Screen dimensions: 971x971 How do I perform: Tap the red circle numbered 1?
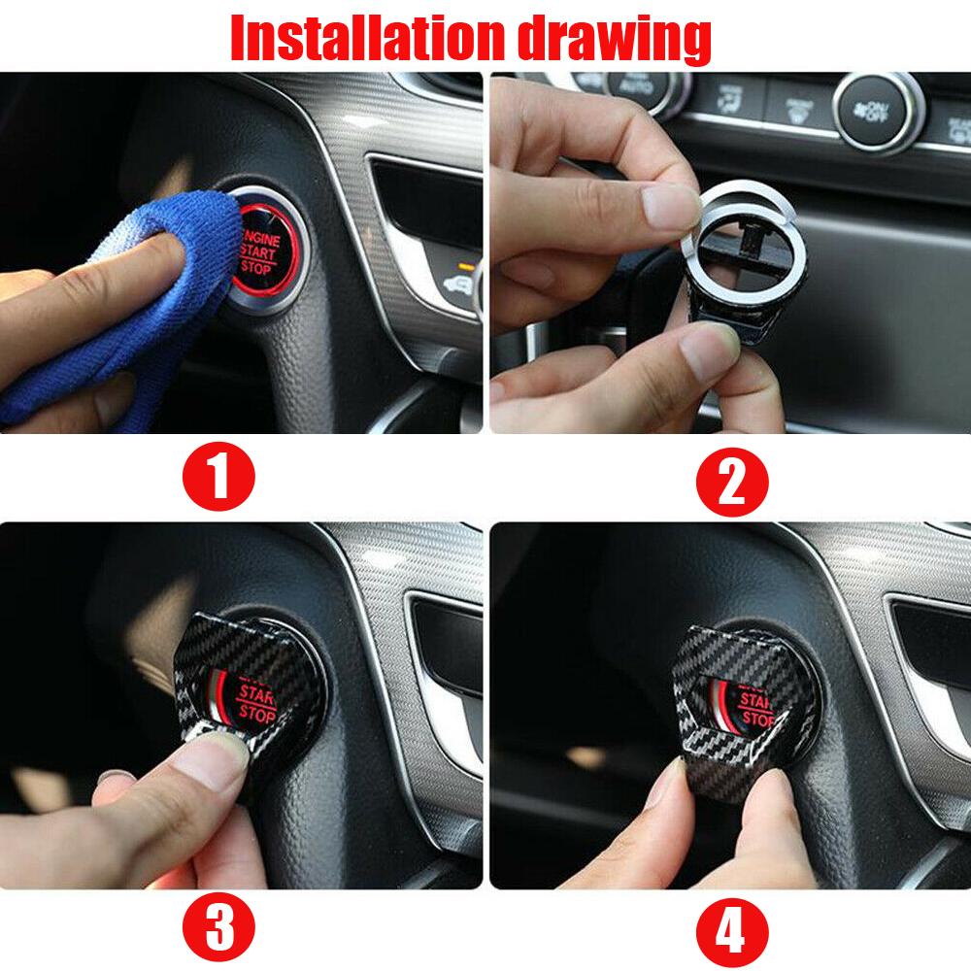(219, 476)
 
